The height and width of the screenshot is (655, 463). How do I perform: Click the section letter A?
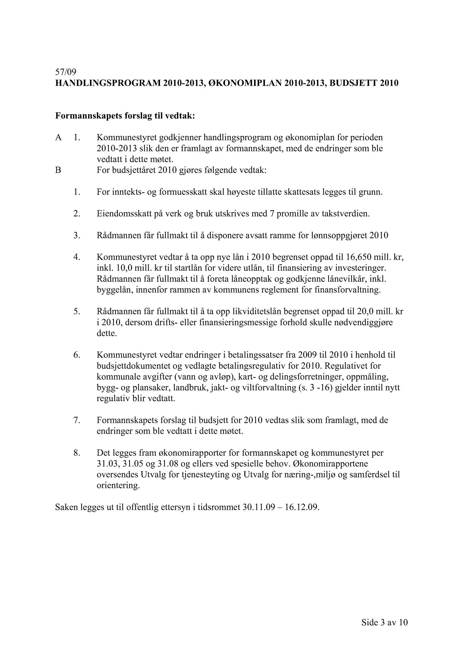coord(58,138)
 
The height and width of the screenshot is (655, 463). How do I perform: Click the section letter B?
coord(58,170)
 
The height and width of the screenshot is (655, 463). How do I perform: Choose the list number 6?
coord(76,355)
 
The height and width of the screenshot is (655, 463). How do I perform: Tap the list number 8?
coord(76,453)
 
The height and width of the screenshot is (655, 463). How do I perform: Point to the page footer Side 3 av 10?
coord(385,623)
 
